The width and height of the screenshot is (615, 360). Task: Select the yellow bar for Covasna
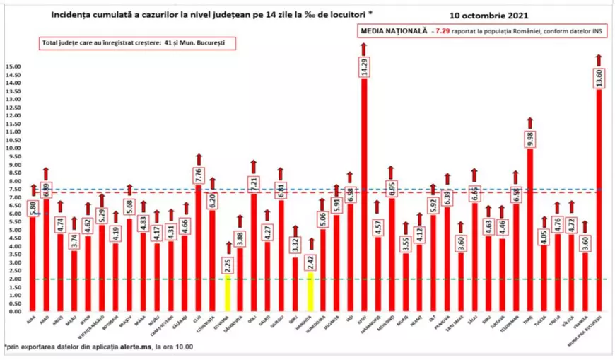[x=228, y=294]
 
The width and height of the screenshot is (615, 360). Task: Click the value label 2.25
[x=228, y=265]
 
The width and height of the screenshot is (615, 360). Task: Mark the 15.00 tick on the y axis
[x=13, y=67]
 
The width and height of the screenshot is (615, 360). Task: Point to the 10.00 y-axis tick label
[x=13, y=149]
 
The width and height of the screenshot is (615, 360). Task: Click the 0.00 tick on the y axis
[x=14, y=311]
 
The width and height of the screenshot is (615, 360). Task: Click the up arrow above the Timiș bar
[x=530, y=122]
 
